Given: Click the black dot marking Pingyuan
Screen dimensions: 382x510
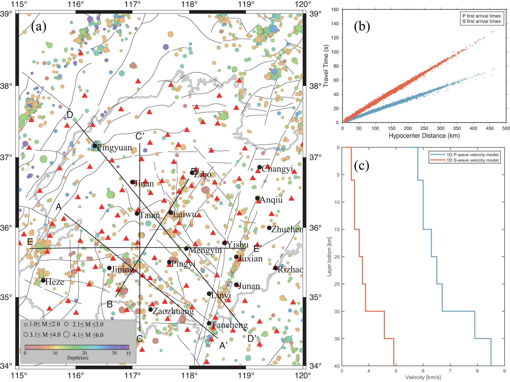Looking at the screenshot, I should [95, 146].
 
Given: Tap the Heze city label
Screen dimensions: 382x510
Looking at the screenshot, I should [55, 282].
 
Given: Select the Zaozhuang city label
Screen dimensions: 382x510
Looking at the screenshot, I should [173, 311].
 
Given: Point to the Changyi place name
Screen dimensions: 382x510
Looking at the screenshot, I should [277, 169].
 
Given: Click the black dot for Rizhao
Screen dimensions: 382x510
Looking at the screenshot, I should [275, 268].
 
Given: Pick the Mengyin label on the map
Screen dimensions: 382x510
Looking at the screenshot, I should [205, 250].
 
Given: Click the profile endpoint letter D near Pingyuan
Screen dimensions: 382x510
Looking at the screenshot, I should [70, 115].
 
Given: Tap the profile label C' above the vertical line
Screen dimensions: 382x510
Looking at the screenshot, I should [140, 137].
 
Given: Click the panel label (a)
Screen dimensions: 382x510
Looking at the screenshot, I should [39, 26].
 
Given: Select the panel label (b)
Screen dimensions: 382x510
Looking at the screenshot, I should [362, 26].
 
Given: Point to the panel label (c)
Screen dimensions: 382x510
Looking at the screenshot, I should [362, 166].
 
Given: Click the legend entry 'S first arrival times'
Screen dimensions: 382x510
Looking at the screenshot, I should [481, 21].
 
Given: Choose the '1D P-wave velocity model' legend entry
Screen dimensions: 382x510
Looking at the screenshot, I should [472, 155].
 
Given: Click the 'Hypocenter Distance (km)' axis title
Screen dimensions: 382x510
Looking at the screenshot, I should [424, 136].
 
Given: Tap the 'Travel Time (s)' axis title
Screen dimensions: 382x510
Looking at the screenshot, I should [326, 66].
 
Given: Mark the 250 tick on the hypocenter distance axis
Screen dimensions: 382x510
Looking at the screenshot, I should [424, 128].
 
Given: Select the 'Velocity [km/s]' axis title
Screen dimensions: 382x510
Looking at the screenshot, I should [423, 377].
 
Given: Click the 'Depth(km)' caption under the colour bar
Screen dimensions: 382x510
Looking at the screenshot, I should [78, 358].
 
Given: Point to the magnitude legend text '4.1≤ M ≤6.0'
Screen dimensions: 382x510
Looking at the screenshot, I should [88, 335].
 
